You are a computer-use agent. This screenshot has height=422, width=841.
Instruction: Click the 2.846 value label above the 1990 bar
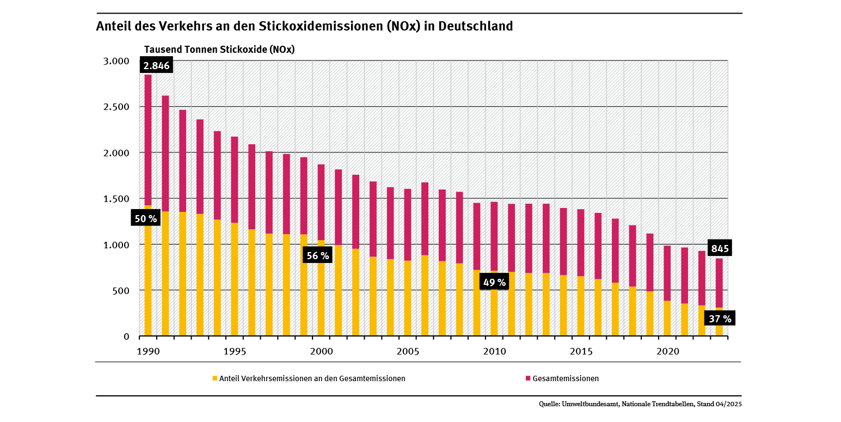pyautogui.click(x=157, y=66)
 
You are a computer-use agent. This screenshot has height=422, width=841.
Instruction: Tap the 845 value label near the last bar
pyautogui.click(x=720, y=249)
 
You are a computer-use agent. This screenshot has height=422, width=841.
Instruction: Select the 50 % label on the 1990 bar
pyautogui.click(x=145, y=219)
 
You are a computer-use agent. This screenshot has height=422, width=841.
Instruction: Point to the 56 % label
pyautogui.click(x=317, y=255)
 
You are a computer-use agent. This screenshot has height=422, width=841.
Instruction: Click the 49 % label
pyautogui.click(x=494, y=282)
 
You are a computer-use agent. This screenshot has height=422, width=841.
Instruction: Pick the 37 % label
pyautogui.click(x=720, y=318)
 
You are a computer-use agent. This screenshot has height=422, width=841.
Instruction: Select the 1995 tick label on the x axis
pyautogui.click(x=235, y=352)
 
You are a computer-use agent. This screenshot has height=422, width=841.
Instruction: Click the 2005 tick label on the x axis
pyautogui.click(x=408, y=352)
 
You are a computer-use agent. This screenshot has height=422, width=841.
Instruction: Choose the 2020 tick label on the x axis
pyautogui.click(x=667, y=352)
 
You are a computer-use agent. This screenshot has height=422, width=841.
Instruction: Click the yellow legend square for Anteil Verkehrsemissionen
pyautogui.click(x=214, y=378)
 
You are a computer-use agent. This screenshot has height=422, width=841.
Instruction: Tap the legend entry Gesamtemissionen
pyautogui.click(x=565, y=378)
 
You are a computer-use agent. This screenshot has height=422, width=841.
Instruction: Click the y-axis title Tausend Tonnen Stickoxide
pyautogui.click(x=219, y=50)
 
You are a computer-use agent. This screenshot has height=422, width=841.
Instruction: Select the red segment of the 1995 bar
pyautogui.click(x=235, y=180)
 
